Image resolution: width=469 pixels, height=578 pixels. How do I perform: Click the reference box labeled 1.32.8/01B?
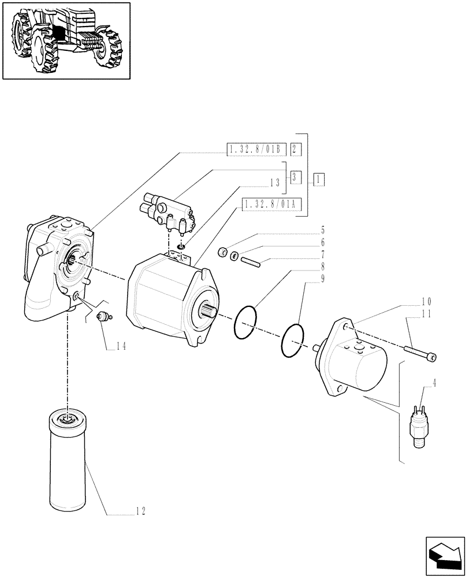tap(255, 150)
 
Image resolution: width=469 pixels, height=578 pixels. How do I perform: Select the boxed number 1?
tap(318, 180)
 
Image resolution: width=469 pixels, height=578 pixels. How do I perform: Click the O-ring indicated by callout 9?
tap(292, 343)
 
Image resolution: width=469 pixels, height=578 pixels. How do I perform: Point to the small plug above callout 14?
tap(103, 316)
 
